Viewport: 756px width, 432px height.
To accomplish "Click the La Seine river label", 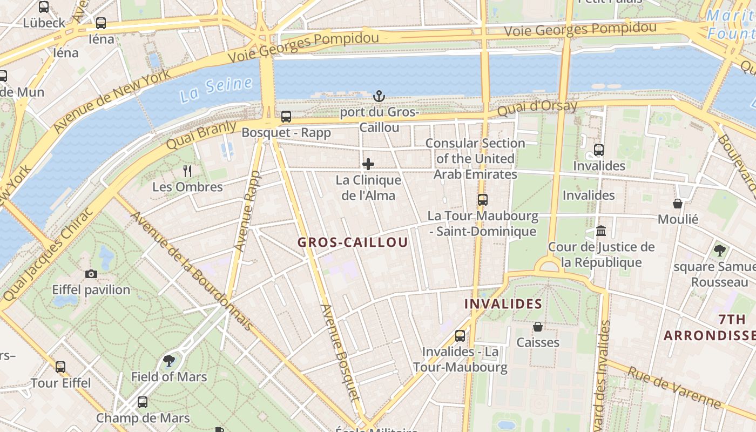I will [x=216, y=90].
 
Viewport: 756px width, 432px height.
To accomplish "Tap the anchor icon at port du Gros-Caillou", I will [x=379, y=96].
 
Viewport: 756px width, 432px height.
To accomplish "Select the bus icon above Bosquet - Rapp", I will [x=286, y=116].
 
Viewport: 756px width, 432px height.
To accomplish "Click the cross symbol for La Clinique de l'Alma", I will [x=368, y=164].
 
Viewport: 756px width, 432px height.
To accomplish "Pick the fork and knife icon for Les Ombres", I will [x=187, y=171].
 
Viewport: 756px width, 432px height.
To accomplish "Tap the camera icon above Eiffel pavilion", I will [x=91, y=274].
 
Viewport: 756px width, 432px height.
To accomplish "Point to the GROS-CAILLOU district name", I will [x=353, y=242].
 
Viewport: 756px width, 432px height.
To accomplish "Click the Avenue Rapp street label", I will [x=247, y=211].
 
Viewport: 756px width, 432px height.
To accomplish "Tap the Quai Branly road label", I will [x=201, y=136].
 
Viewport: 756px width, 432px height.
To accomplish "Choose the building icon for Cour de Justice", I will [x=601, y=231].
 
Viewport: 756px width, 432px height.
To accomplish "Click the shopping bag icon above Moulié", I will [x=678, y=204].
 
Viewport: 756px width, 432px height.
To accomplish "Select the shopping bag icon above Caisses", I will [x=538, y=327].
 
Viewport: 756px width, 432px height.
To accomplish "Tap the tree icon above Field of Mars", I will [x=169, y=361].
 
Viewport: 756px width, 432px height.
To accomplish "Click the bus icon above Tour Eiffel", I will [x=60, y=367].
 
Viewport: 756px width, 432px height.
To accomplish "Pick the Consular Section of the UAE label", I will [x=475, y=159].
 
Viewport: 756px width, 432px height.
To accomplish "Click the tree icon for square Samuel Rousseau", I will [x=719, y=251].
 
